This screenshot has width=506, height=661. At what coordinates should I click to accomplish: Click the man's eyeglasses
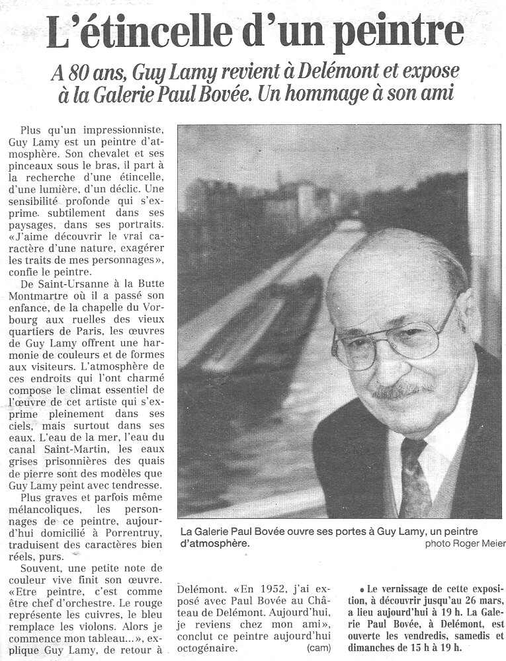(390, 340)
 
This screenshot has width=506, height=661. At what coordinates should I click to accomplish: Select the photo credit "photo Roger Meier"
(465, 543)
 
